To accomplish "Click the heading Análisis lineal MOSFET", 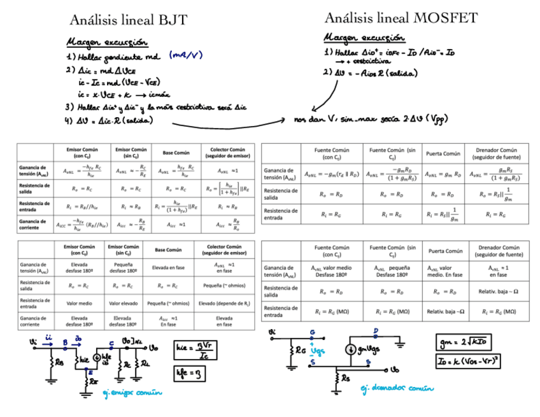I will pyautogui.click(x=401, y=18).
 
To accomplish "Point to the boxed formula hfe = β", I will pyautogui.click(x=189, y=373).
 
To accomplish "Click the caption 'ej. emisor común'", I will pyautogui.click(x=132, y=393).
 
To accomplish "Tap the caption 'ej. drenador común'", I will pyautogui.click(x=397, y=388).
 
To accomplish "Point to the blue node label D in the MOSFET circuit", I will pyautogui.click(x=376, y=331).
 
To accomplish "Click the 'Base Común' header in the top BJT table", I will pyautogui.click(x=176, y=153).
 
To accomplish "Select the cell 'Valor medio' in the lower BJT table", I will pyautogui.click(x=80, y=304).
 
